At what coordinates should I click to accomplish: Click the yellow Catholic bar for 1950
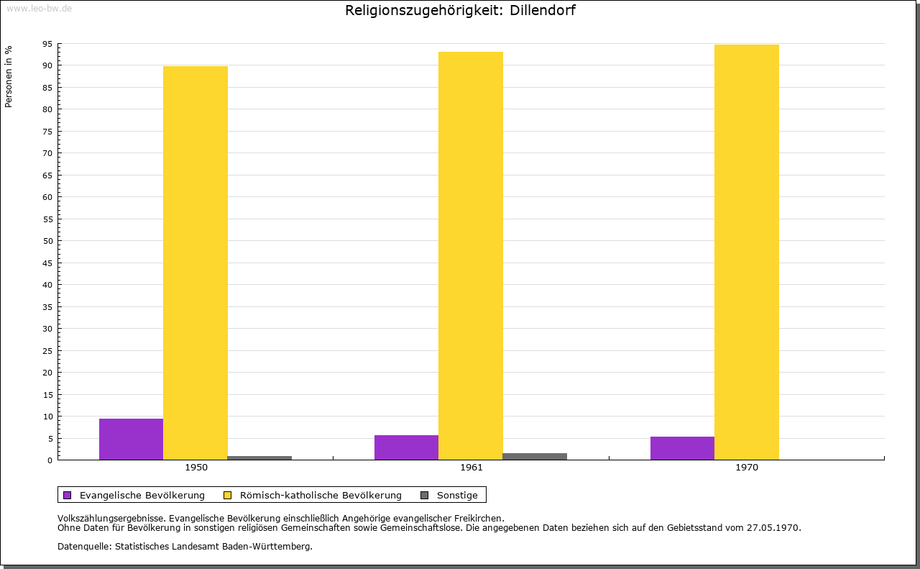[195, 263]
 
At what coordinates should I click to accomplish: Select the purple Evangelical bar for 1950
[131, 439]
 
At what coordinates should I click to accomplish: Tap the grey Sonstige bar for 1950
[259, 458]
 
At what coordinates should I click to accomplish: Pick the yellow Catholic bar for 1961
[471, 255]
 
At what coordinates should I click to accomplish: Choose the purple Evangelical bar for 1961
[406, 447]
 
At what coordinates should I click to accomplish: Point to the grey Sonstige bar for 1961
[535, 456]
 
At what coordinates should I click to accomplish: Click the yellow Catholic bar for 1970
[746, 252]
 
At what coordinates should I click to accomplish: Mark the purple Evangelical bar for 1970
[682, 448]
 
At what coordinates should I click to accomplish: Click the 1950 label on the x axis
[196, 468]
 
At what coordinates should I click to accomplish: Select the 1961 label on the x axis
[471, 468]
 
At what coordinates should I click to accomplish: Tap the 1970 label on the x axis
[747, 468]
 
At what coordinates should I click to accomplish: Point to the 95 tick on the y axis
[47, 44]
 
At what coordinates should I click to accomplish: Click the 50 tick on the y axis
[47, 241]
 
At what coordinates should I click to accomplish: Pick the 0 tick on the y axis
[50, 460]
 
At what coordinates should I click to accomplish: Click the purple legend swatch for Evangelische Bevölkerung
[68, 495]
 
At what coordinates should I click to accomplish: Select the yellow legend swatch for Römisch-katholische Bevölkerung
[227, 495]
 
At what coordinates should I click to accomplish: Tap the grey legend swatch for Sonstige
[424, 495]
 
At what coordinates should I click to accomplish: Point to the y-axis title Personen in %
[9, 76]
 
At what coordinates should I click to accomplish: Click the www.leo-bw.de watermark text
[38, 7]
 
